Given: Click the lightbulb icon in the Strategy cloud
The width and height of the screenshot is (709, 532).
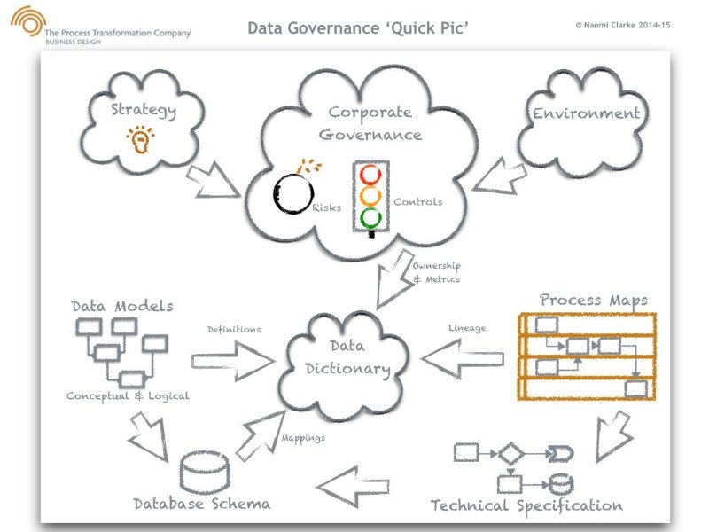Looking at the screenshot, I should pyautogui.click(x=140, y=140).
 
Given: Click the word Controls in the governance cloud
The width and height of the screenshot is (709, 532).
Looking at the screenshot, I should pyautogui.click(x=417, y=202).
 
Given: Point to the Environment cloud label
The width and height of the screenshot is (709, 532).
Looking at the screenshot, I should pyautogui.click(x=586, y=113).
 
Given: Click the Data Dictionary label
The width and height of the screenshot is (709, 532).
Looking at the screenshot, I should pyautogui.click(x=347, y=358).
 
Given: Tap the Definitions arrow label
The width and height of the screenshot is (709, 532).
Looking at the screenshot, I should pyautogui.click(x=234, y=330).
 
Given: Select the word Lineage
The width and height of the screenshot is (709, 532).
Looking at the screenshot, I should pyautogui.click(x=467, y=328).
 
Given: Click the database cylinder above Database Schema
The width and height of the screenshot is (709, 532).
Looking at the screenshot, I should pyautogui.click(x=204, y=473).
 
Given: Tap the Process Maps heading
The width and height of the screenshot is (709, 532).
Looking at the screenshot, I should pyautogui.click(x=593, y=300).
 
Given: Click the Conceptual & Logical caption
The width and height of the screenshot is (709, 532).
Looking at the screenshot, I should pyautogui.click(x=128, y=396).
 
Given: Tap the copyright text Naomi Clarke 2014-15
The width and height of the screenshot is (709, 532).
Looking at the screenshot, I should pyautogui.click(x=622, y=27).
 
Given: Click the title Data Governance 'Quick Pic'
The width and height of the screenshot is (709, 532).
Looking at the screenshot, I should pyautogui.click(x=358, y=28).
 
